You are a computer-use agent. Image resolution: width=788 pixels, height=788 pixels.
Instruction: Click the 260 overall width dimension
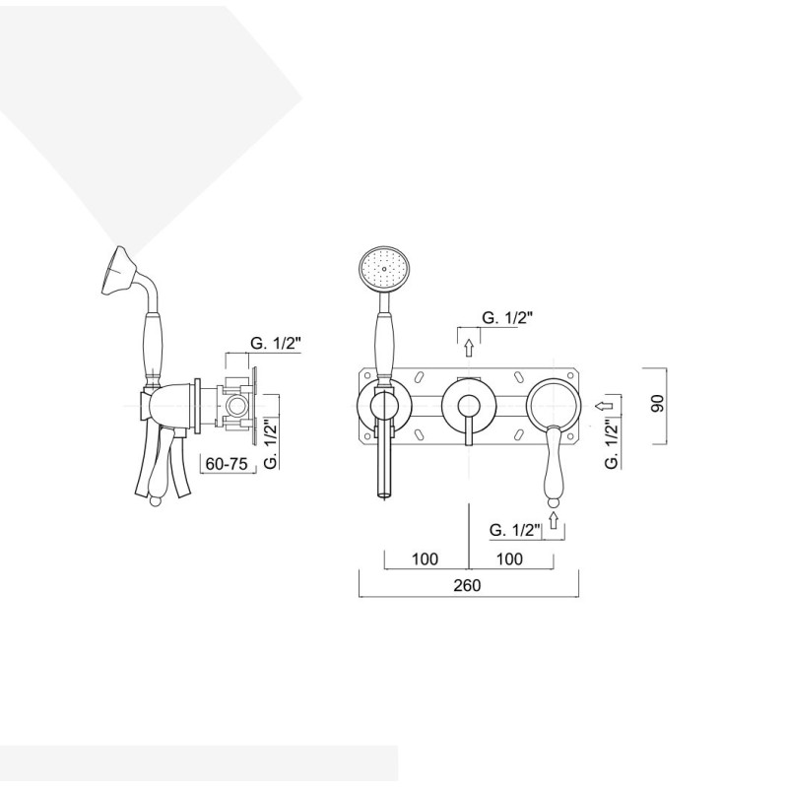point(467,585)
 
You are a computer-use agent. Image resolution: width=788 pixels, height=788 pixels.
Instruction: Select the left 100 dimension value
point(425,558)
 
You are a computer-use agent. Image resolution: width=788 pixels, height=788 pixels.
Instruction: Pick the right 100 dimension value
point(509,558)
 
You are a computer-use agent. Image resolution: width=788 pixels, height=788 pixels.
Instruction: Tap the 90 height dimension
point(657,404)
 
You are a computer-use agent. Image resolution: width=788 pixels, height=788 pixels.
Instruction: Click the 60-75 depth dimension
point(227,463)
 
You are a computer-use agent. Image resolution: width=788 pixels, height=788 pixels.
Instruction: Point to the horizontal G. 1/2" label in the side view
point(276,343)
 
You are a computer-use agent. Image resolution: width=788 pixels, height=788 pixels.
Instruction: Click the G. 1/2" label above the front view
point(507,317)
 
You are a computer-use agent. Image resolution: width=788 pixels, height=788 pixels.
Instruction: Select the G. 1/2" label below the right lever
point(514,530)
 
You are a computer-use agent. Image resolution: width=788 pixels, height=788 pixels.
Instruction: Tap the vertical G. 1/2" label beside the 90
point(612,444)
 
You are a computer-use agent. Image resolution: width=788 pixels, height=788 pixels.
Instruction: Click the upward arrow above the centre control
point(469,348)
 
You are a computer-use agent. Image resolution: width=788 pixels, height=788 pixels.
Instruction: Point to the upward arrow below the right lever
point(554,520)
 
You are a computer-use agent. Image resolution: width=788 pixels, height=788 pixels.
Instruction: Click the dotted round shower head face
point(385,269)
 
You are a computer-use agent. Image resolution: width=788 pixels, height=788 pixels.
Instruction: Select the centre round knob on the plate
point(469,405)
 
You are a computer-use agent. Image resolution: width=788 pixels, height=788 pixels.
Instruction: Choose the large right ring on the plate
point(554,405)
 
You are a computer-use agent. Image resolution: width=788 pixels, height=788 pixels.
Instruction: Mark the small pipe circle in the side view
point(234,405)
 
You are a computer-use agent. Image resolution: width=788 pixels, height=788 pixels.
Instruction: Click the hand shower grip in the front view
point(385,344)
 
